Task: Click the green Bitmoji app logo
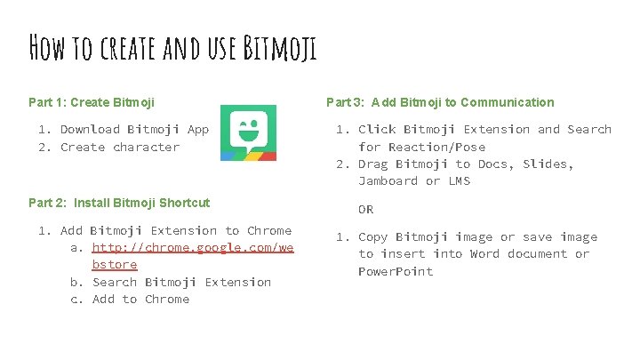click(x=248, y=133)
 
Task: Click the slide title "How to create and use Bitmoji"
click(x=172, y=46)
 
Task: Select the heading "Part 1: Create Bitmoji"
click(x=85, y=102)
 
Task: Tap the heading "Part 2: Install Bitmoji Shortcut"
click(x=119, y=203)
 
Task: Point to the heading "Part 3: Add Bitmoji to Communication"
click(x=440, y=102)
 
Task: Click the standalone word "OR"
click(x=365, y=210)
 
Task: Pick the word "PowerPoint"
click(x=396, y=271)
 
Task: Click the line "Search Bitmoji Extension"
click(x=181, y=282)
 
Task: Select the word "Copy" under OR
click(x=372, y=236)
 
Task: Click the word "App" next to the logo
click(x=197, y=129)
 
